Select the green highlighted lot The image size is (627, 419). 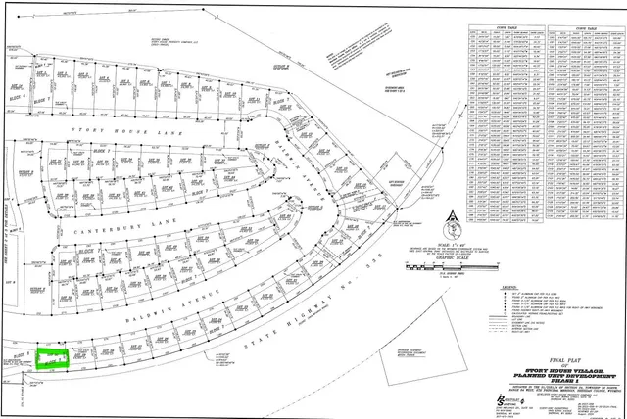50,358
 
